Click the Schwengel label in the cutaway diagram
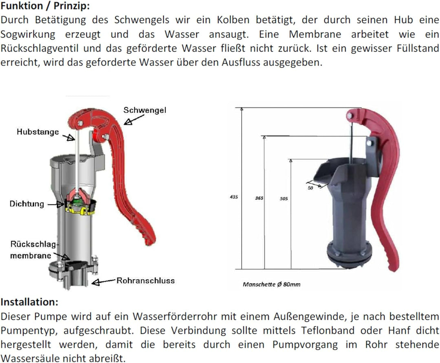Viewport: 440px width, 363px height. pos(145,110)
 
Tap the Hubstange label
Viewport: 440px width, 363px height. pos(37,132)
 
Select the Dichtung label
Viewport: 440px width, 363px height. pos(26,204)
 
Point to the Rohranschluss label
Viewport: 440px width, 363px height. pos(145,280)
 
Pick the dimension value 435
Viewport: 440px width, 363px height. pos(234,197)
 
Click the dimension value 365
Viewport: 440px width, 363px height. pos(259,198)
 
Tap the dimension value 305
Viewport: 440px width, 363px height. pos(284,199)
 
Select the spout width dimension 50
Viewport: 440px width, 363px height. pos(310,188)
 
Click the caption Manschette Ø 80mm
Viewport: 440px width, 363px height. pos(271,284)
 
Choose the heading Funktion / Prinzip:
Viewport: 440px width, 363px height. pos(45,6)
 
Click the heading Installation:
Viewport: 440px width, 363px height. pos(29,302)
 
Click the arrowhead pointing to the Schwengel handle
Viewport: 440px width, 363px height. pos(128,122)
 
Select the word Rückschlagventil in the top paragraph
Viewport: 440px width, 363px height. pos(39,48)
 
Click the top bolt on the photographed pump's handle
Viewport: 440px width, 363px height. pos(350,116)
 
